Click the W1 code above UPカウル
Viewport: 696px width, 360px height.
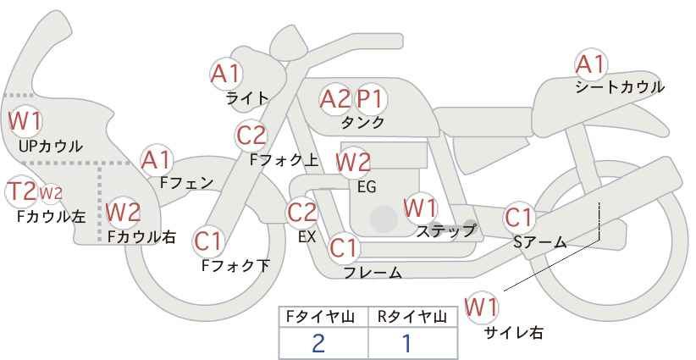(25, 121)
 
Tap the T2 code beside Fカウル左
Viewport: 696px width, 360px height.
(21, 191)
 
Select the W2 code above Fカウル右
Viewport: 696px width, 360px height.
(124, 212)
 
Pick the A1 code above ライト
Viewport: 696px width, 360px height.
(226, 73)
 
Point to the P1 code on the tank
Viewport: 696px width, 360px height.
(369, 98)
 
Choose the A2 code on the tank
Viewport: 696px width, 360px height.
(335, 98)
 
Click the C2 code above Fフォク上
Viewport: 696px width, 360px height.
(251, 136)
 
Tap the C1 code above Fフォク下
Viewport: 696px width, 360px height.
(207, 241)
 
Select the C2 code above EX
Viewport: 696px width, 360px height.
(301, 213)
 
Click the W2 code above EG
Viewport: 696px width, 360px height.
(353, 162)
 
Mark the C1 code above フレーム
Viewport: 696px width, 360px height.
(343, 247)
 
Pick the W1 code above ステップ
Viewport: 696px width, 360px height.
(420, 208)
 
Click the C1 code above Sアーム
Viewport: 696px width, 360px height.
(518, 218)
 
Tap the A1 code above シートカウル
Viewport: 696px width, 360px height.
(590, 64)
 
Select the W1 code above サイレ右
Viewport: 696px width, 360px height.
(481, 307)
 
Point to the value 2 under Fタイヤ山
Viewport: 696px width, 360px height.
(318, 344)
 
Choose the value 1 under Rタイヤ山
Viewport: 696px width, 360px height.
(407, 344)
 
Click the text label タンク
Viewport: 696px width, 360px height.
(362, 122)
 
